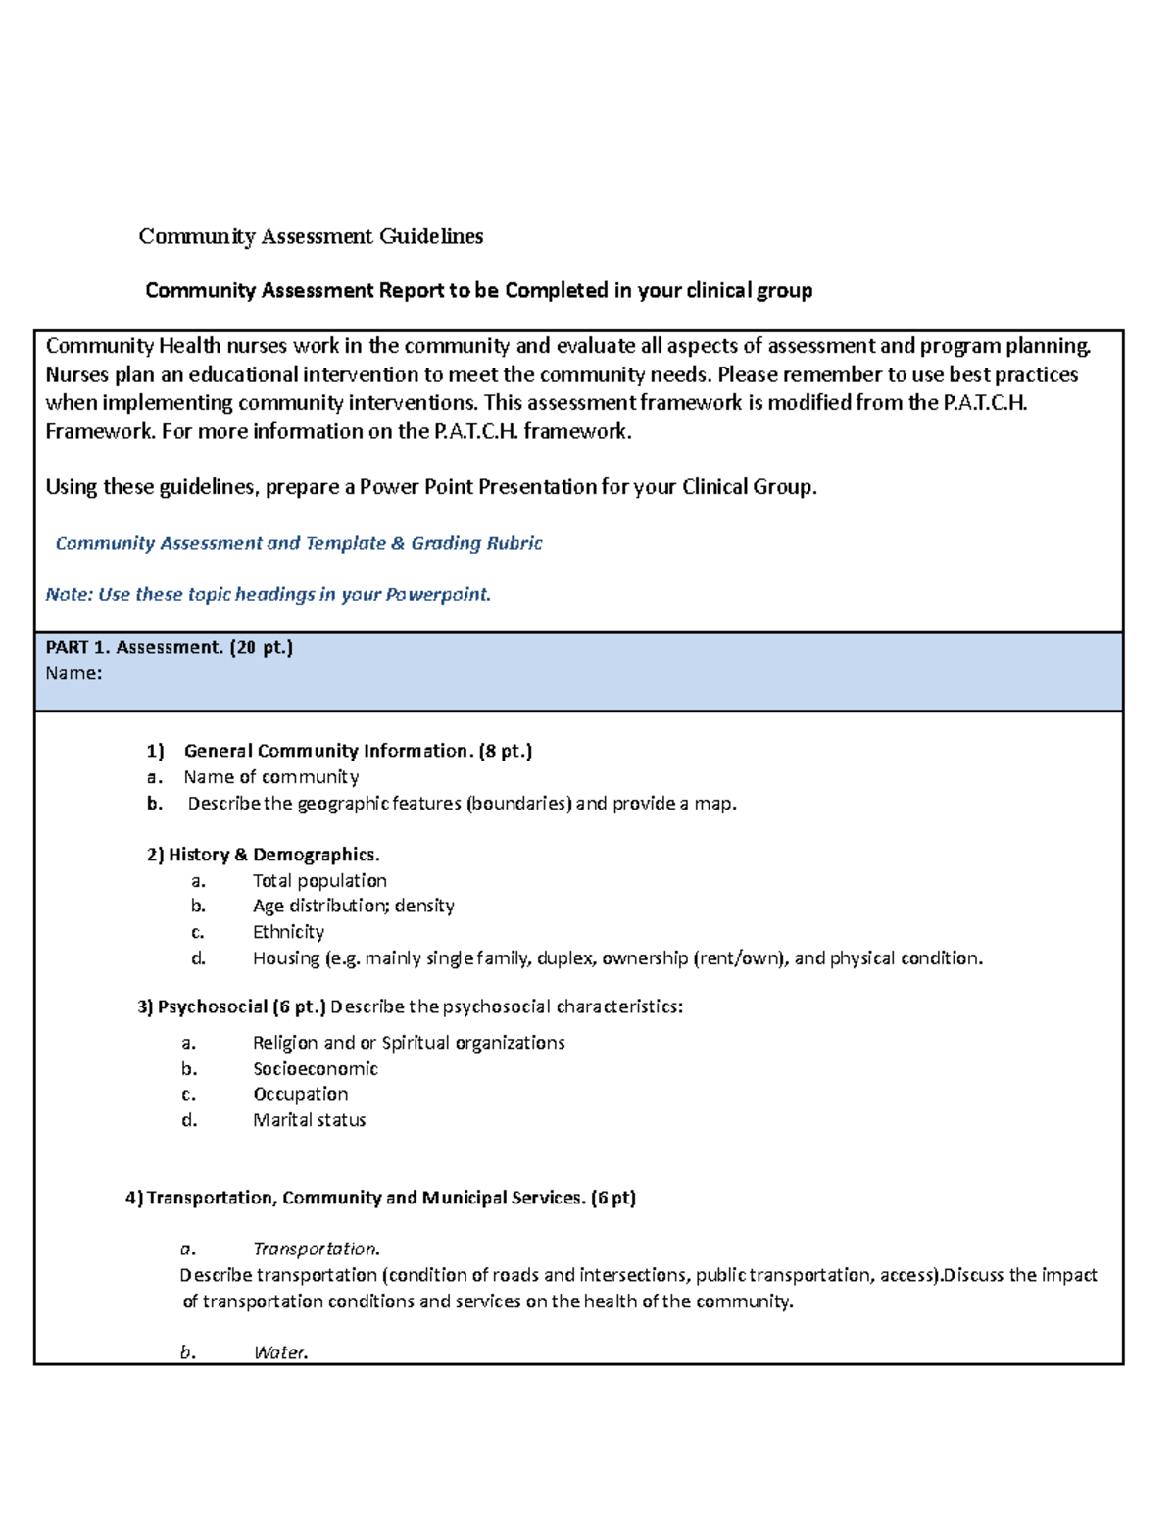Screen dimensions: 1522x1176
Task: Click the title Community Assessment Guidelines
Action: tap(311, 236)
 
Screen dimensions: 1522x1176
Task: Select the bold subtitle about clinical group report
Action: tap(478, 290)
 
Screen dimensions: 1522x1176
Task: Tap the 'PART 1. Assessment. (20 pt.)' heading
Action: tap(170, 647)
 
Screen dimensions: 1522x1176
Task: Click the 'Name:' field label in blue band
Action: tap(73, 673)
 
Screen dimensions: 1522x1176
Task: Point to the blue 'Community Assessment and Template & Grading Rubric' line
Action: tap(298, 543)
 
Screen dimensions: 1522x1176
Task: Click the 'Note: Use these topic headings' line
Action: tap(268, 594)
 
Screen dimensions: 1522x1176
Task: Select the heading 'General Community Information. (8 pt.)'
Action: tap(358, 751)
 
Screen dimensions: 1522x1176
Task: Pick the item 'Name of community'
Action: tap(270, 777)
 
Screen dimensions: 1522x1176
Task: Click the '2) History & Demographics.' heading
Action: tap(263, 855)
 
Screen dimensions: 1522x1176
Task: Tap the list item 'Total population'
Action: tap(319, 880)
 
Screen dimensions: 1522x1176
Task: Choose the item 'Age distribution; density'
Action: tap(353, 906)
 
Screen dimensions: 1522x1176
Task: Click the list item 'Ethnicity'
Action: tap(288, 932)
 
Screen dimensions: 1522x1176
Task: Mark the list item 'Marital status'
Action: tap(309, 1120)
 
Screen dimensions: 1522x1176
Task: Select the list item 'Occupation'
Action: tap(300, 1094)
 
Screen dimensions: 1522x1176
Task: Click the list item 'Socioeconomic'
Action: tap(315, 1068)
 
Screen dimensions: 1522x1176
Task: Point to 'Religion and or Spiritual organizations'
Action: tap(409, 1043)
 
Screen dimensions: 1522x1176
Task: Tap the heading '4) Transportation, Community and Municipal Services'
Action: tap(380, 1198)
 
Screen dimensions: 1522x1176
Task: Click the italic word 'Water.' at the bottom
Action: tap(280, 1352)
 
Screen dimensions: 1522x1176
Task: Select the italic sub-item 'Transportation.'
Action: tap(316, 1249)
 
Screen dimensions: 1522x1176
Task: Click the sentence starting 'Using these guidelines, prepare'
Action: tap(430, 487)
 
